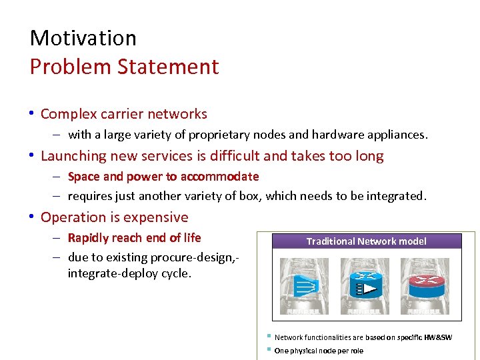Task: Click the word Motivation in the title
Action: pyautogui.click(x=83, y=38)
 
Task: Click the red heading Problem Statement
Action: pyautogui.click(x=124, y=67)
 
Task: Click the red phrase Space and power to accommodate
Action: pyautogui.click(x=163, y=177)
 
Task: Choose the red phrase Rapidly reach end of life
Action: pyautogui.click(x=134, y=238)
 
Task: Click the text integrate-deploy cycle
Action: pyautogui.click(x=129, y=273)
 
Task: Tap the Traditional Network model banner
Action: pyautogui.click(x=366, y=241)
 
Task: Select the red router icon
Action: pyautogui.click(x=425, y=283)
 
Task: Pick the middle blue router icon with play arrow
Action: pyautogui.click(x=365, y=283)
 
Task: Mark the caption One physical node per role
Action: pyautogui.click(x=319, y=351)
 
